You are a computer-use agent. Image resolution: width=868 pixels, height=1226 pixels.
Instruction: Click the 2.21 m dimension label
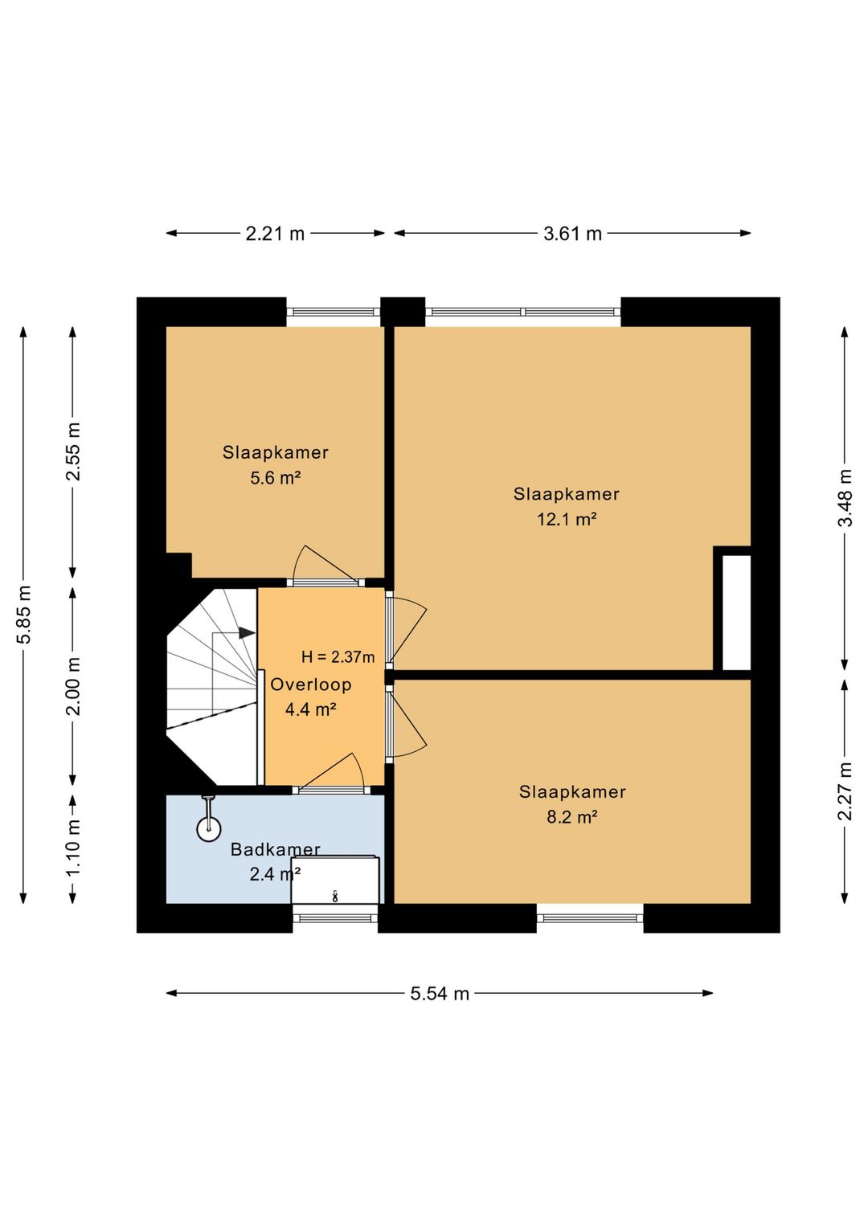(x=275, y=234)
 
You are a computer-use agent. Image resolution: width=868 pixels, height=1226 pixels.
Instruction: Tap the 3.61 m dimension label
(x=572, y=234)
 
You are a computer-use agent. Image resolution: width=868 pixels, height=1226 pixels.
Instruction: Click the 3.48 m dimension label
(x=845, y=497)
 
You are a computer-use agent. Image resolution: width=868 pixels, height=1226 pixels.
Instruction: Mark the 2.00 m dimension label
(x=73, y=686)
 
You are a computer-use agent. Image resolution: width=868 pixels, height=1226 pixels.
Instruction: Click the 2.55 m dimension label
(x=73, y=452)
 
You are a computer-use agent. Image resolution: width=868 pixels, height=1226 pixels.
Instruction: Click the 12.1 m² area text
(x=567, y=519)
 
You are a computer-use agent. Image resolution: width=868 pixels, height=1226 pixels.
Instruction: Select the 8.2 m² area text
(x=571, y=817)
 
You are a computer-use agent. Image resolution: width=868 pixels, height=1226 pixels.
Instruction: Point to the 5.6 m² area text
(x=276, y=478)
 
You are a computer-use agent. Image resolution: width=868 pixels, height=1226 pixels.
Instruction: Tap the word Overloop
(x=311, y=685)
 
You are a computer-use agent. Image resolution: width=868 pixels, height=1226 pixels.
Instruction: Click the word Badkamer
(x=276, y=849)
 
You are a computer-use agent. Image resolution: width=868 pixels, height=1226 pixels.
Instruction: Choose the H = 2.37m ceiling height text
(x=338, y=657)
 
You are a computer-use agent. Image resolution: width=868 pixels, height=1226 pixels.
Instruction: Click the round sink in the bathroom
(x=209, y=829)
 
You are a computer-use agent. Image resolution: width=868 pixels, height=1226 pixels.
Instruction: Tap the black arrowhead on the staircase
(x=247, y=633)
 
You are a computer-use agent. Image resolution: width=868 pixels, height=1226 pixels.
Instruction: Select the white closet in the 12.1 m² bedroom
(x=736, y=612)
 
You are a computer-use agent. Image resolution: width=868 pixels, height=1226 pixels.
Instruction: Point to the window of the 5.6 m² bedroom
(x=333, y=312)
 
